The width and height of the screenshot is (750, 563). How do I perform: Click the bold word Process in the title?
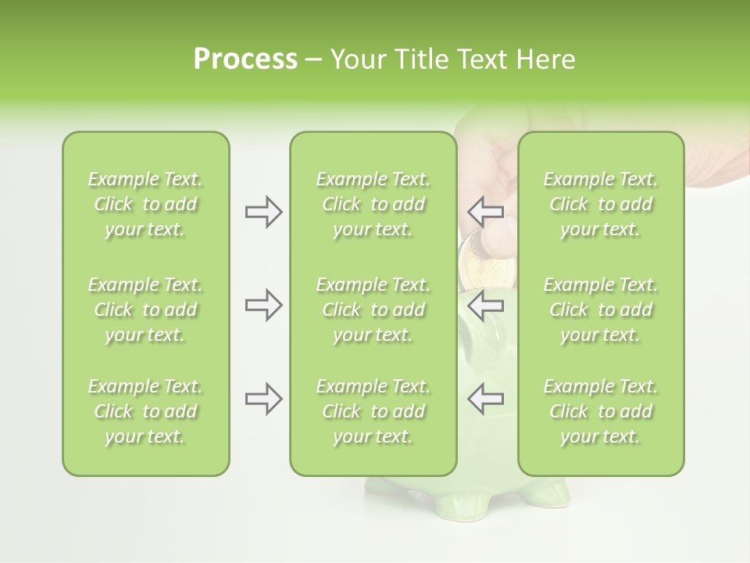pos(245,59)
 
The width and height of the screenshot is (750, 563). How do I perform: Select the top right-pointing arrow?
pos(263,212)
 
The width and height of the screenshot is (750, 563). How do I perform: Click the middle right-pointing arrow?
pos(263,305)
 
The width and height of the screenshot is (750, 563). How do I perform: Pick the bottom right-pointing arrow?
pos(263,399)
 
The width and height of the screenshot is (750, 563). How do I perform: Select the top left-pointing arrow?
pos(485,212)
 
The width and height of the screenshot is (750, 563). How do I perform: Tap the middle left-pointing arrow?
pos(485,305)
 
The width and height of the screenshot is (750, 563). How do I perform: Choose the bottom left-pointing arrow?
pos(485,399)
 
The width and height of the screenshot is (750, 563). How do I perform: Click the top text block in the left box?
pos(145,204)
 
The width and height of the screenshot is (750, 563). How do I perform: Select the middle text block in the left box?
pos(145,310)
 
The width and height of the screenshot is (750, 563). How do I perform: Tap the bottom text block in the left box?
pos(145,411)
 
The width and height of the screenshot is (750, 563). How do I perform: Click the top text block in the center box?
pos(373,204)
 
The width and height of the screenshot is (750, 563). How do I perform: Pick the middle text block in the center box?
pos(373,310)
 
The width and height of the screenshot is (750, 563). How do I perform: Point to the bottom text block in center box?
pos(373,411)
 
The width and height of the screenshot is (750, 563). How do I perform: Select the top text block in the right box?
pos(600,204)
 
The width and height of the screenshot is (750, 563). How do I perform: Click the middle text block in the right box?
pos(600,310)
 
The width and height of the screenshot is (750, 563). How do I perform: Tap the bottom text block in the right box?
pos(600,411)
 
